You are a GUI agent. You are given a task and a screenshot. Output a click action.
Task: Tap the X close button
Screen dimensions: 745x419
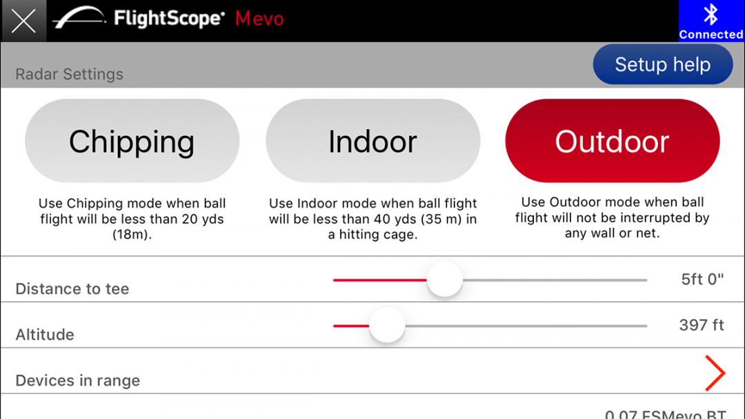tap(23, 21)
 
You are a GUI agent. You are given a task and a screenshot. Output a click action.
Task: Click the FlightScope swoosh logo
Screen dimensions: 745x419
tap(79, 17)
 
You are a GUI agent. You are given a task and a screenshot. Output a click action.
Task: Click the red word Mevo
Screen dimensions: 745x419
tap(259, 19)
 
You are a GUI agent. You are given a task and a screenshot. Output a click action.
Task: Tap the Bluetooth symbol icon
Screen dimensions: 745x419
tap(711, 14)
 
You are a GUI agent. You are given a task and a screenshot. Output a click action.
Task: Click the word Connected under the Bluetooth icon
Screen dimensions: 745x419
tap(711, 35)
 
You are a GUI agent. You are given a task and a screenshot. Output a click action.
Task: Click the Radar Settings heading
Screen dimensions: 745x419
tap(70, 74)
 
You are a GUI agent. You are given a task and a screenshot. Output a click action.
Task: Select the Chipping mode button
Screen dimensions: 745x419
tap(132, 141)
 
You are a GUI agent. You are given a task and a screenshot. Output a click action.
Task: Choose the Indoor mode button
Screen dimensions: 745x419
tap(373, 141)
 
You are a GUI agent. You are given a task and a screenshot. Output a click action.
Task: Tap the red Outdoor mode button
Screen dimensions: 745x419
tap(613, 141)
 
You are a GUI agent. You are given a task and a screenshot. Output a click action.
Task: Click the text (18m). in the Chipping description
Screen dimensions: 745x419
tap(132, 235)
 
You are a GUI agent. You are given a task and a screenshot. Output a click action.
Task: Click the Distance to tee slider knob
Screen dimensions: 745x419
tap(445, 280)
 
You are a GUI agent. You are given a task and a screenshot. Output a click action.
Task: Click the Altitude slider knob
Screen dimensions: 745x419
tap(387, 325)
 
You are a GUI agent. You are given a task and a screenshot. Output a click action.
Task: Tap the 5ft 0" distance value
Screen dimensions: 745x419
tap(702, 279)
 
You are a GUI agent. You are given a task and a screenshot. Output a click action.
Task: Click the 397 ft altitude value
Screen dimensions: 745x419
tap(702, 325)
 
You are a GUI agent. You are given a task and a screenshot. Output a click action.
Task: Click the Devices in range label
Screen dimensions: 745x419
tap(78, 380)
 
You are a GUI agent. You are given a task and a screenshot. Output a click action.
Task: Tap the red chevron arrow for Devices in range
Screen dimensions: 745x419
tap(715, 373)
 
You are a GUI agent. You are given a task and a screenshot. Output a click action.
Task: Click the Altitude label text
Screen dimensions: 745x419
tap(45, 334)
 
